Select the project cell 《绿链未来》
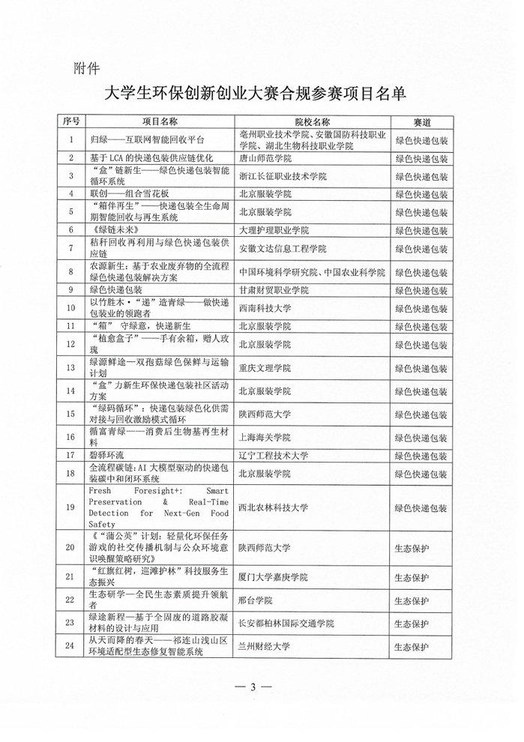115,229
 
